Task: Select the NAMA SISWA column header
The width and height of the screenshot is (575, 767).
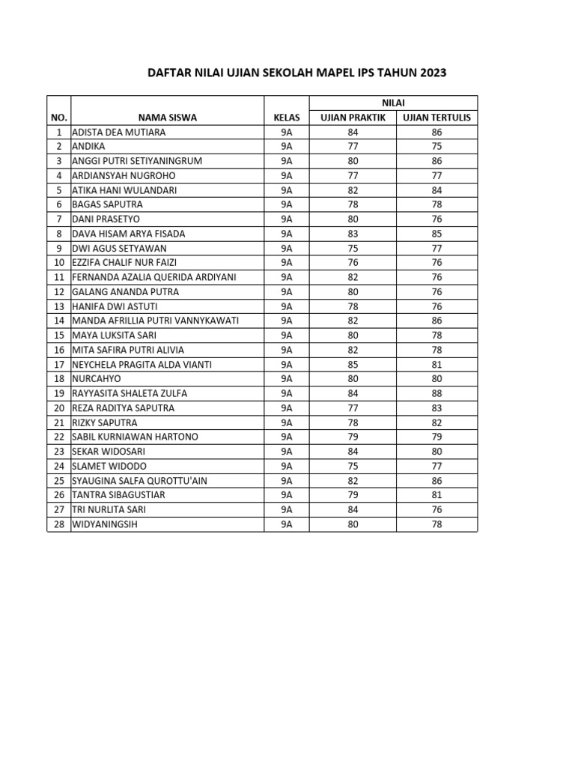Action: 168,118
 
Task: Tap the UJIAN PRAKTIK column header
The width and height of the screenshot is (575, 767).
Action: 353,118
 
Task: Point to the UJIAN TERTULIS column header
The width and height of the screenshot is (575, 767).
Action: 436,118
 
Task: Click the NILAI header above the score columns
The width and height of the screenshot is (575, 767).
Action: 394,103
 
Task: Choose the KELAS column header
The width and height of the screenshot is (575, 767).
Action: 286,118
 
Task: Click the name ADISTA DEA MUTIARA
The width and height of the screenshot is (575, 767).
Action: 118,133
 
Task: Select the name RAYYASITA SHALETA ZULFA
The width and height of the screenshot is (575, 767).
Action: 130,393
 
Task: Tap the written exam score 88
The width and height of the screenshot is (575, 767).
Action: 436,393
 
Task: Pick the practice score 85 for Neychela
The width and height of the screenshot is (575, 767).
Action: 353,365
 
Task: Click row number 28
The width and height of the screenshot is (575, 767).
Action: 58,524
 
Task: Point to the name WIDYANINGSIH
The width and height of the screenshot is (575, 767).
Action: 105,524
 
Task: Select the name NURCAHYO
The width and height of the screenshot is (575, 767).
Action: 96,379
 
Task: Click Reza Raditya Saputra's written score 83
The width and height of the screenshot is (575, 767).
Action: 436,408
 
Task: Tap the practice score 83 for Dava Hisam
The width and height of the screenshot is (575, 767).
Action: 353,234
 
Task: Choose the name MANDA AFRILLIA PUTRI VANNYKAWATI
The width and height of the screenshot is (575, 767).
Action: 155,321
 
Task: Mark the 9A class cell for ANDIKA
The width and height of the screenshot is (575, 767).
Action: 286,147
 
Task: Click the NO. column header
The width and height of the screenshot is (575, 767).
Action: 58,118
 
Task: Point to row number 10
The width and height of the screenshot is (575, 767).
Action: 58,263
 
